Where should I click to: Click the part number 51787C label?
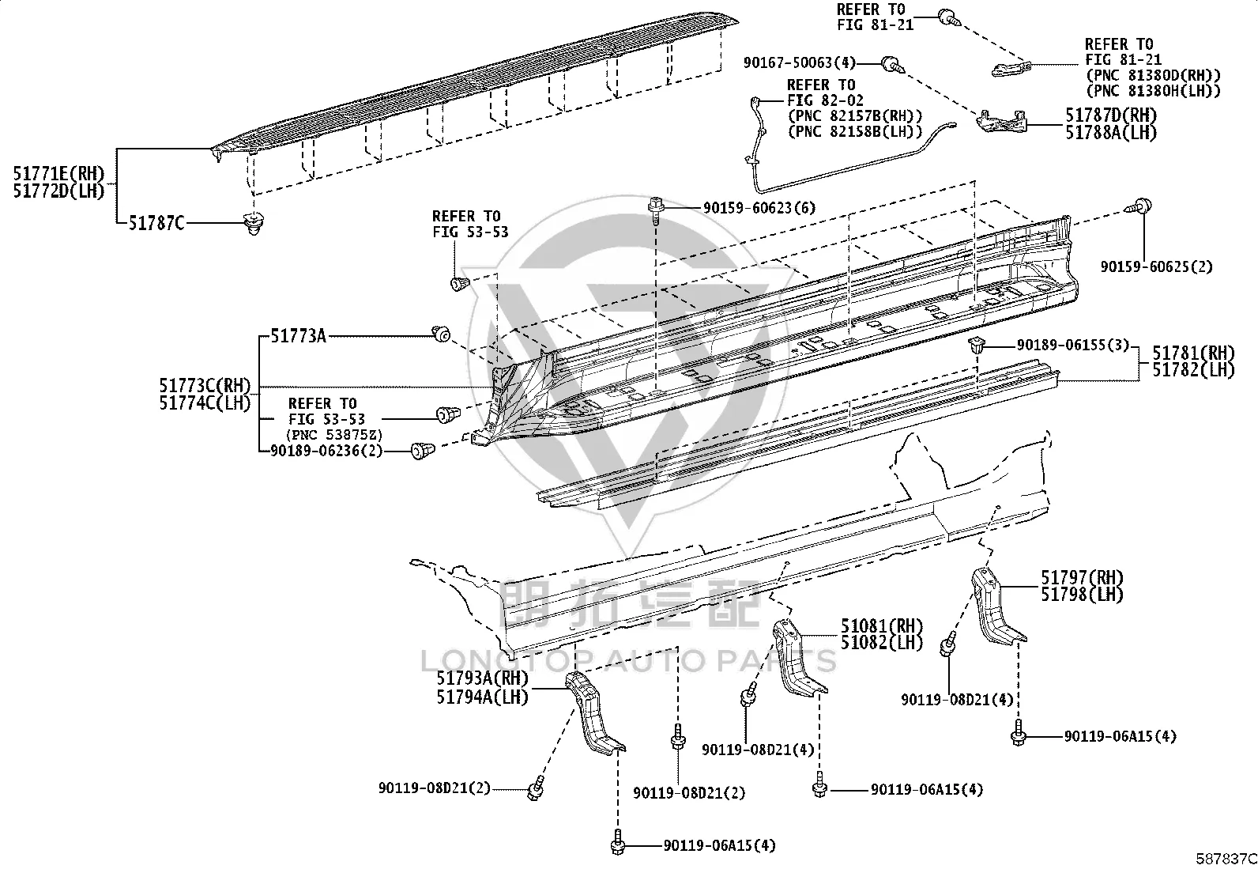[x=156, y=224]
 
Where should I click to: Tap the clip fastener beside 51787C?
[x=254, y=223]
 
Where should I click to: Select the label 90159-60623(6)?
[x=759, y=208]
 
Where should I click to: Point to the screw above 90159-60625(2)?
[x=1139, y=207]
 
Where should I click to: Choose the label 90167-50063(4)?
[x=800, y=62]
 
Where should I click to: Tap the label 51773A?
[x=298, y=336]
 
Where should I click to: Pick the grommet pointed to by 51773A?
[x=441, y=334]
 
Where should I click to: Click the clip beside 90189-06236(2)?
[x=422, y=450]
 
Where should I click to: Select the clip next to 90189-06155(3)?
[x=977, y=345]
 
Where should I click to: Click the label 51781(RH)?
[x=1193, y=353]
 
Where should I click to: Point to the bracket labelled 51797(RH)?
[x=997, y=607]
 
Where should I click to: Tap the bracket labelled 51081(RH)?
[x=797, y=658]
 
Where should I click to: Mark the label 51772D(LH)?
[x=59, y=191]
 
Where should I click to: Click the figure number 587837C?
[x=1226, y=859]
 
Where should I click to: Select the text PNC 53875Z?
[x=335, y=435]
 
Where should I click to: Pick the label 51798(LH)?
[x=1083, y=595]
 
